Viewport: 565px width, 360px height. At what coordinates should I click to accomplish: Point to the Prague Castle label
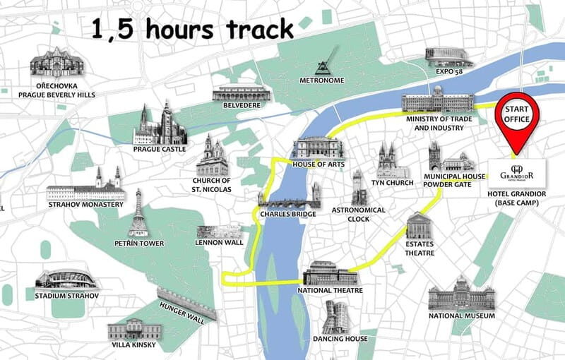coord(160,149)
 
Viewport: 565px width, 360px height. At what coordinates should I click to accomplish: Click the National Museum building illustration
coord(461,292)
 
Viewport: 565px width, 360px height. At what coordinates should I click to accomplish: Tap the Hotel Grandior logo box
coord(516,172)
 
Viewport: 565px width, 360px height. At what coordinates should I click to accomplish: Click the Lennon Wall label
coord(219,242)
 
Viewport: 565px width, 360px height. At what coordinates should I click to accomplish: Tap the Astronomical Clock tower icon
coord(359,187)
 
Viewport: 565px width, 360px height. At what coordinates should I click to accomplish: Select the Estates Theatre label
coord(420,248)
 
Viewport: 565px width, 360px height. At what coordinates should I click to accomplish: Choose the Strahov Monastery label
coord(85,205)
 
